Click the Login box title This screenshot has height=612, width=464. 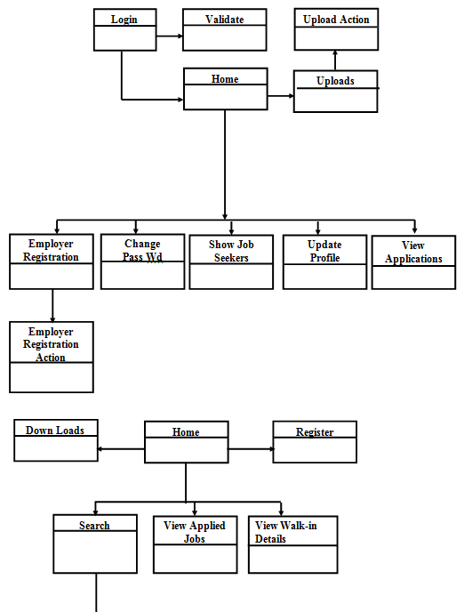point(124,20)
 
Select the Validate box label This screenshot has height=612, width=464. point(225,20)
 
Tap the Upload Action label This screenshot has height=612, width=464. point(336,20)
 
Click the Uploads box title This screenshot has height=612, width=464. point(335,81)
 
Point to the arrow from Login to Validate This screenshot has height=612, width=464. point(170,36)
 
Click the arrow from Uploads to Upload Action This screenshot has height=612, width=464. point(335,60)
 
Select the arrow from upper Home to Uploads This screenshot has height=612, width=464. point(281,96)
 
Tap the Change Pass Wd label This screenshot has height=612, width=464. point(142,250)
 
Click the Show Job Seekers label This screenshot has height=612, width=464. point(231,251)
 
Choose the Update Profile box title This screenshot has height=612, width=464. point(324,251)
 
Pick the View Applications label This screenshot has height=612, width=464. point(413,252)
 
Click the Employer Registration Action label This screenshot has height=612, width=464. point(51,344)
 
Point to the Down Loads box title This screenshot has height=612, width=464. point(55,431)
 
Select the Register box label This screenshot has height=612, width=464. point(315,432)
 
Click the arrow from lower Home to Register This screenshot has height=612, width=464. point(252,449)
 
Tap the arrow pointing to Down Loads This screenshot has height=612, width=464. point(121,449)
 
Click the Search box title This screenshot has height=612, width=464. point(94,526)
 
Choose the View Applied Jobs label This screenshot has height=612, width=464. point(195,532)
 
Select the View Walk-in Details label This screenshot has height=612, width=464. point(286,532)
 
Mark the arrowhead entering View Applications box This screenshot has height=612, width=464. point(414,230)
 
